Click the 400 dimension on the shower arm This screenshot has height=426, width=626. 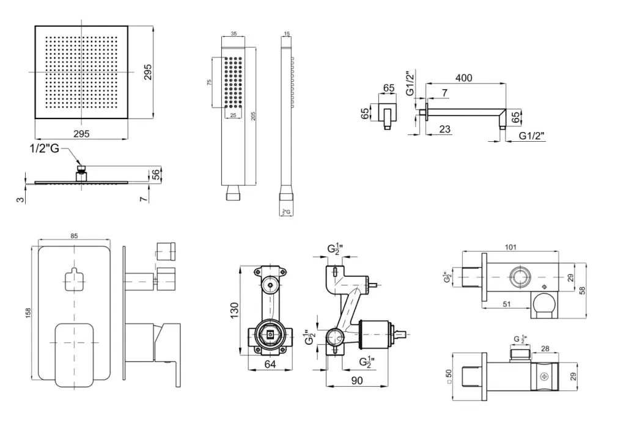coord(464,78)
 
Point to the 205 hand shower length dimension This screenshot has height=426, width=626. coord(252,116)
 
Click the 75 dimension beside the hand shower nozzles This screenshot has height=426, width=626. coord(209,83)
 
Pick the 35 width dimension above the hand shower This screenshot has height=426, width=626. coord(234,35)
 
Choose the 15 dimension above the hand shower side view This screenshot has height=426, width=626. coord(287,35)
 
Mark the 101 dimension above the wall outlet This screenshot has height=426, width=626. coord(511,247)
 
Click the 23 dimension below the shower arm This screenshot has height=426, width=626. coord(445,129)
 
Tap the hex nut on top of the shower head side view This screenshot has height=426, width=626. coord(80,168)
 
